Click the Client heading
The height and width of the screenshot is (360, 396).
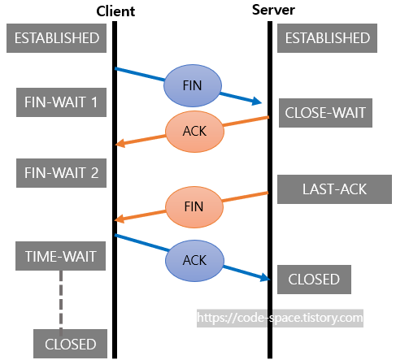coord(115,11)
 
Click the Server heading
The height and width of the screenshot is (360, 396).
coord(273,10)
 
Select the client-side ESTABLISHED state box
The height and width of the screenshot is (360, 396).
coord(56,38)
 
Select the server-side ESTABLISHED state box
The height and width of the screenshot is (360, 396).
coord(327,38)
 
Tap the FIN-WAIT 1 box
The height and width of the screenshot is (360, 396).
coord(61,102)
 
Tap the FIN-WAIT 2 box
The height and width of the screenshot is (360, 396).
coord(61,173)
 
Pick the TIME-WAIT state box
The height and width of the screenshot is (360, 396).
coord(60,256)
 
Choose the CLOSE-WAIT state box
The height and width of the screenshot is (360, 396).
coord(325,113)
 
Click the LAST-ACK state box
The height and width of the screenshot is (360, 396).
coord(334,189)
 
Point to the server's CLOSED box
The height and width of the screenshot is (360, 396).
coord(314,280)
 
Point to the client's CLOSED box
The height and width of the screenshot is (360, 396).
coord(70,344)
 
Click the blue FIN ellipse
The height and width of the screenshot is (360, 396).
coord(193,85)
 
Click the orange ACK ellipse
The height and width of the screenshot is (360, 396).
coord(194,132)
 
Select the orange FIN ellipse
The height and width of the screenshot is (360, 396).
coord(194,207)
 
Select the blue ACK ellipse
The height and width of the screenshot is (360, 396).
coord(194,261)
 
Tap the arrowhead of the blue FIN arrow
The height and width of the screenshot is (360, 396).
coord(258,102)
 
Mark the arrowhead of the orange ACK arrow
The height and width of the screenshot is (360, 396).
coord(120,143)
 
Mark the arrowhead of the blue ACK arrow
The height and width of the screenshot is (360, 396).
coord(266,278)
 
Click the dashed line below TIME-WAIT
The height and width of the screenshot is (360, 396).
coord(61,300)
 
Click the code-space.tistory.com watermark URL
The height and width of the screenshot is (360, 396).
coord(280,318)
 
